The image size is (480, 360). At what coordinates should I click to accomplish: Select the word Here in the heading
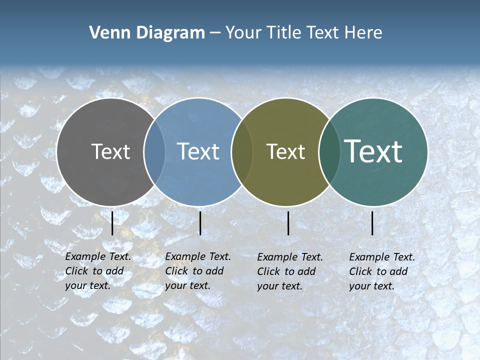point(364,33)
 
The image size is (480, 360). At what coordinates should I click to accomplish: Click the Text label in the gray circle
point(110,151)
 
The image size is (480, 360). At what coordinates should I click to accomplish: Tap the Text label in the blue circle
point(198,151)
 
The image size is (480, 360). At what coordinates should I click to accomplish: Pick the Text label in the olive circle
point(285,151)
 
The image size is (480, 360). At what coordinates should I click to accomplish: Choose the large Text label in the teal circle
point(373,151)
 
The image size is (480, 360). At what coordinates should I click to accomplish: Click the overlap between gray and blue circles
point(154,151)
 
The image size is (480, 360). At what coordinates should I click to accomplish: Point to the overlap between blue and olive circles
point(242,151)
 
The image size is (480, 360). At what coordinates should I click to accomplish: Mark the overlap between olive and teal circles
point(329,151)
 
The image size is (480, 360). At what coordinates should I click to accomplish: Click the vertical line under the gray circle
point(112,223)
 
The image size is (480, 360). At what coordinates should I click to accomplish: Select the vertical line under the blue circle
point(200,223)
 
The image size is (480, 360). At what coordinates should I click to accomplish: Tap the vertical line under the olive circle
point(288,223)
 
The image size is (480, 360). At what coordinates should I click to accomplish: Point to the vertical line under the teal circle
point(372,223)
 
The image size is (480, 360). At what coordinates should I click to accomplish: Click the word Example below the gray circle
point(83,256)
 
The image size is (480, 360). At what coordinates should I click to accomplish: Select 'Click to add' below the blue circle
point(194,271)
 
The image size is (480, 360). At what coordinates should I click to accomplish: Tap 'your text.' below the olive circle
point(279,286)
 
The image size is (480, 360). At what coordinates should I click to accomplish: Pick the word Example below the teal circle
point(367,257)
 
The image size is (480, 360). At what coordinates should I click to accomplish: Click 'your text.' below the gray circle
point(87,286)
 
